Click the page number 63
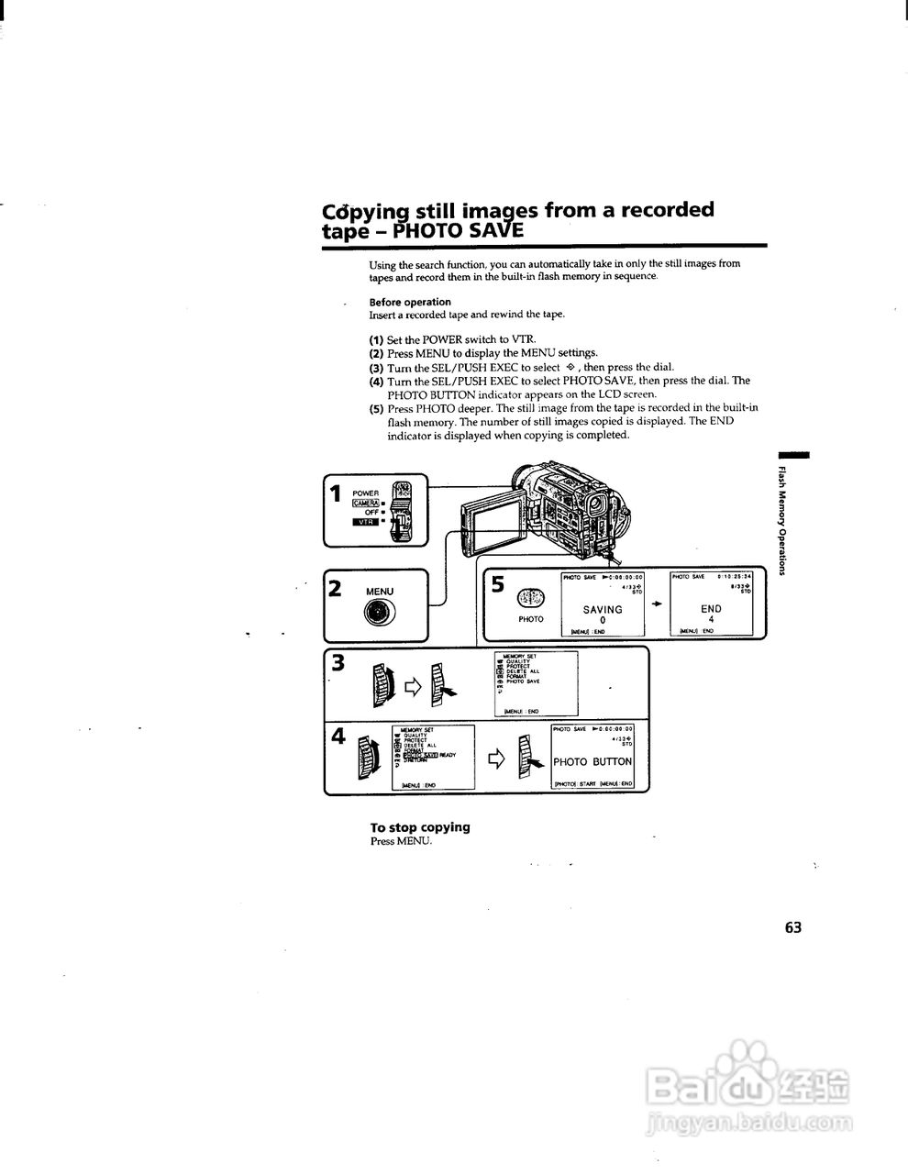coord(793,927)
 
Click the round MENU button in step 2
coord(380,615)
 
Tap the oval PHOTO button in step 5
coord(531,599)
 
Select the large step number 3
coord(338,662)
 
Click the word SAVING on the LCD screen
coord(603,609)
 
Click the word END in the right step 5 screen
coord(711,608)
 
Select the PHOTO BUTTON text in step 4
coord(592,761)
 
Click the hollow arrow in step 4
coord(497,758)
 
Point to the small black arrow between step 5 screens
coord(657,604)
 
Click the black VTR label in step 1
coord(365,522)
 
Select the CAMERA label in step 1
coord(366,503)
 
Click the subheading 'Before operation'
coord(410,302)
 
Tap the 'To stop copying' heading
coord(420,826)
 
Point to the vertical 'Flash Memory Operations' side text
coord(781,523)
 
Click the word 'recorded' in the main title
coord(667,210)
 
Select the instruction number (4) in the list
coord(376,381)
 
